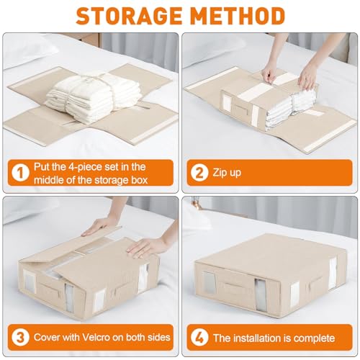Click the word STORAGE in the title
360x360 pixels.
(x=129, y=16)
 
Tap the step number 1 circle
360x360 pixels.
(x=20, y=173)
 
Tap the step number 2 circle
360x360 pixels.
(x=199, y=173)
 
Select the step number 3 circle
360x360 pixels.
(x=20, y=338)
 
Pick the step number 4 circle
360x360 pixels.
(x=199, y=338)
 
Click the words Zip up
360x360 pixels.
(x=227, y=173)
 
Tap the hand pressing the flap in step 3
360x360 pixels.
(x=146, y=247)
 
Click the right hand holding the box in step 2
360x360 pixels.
(x=308, y=76)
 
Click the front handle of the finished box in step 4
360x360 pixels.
(x=233, y=286)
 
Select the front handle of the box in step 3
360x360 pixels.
(x=48, y=289)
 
